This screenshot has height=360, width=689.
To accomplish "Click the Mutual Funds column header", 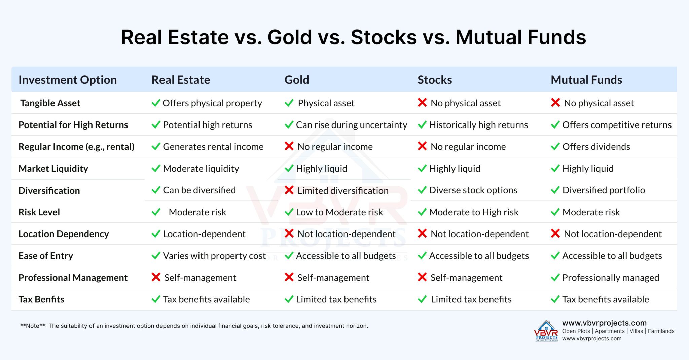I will point(586,80).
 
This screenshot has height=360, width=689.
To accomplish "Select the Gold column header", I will point(296,80).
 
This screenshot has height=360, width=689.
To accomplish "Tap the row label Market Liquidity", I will point(53,169).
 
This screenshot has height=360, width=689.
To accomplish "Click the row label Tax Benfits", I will point(41,299).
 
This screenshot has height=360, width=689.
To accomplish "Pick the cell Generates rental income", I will point(213,147).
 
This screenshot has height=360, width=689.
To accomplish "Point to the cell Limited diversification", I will point(342,191).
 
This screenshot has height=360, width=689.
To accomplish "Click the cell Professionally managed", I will point(610,278).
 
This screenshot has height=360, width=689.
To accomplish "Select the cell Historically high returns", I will point(478,125).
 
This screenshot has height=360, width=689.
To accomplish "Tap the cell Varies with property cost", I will point(214,256).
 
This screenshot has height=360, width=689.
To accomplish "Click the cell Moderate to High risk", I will point(473,212).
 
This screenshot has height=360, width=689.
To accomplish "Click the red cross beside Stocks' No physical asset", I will point(422,103).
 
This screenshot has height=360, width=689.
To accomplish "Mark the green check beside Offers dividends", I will point(555,147).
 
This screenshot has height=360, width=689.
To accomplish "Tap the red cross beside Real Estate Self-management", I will point(156,277).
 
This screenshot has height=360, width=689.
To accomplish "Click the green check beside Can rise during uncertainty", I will point(289,125).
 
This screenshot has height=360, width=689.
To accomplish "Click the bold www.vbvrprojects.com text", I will point(604,323).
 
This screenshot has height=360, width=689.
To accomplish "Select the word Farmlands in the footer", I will point(661,331).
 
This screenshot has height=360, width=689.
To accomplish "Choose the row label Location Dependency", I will point(63,234).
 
